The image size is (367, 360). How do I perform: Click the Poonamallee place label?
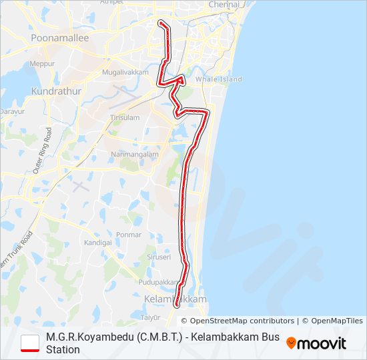tap(59, 39)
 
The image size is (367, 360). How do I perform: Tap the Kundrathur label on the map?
tap(56, 90)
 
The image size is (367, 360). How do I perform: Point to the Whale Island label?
tap(219, 79)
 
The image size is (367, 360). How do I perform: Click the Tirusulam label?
tap(125, 117)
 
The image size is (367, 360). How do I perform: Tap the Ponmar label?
tap(128, 235)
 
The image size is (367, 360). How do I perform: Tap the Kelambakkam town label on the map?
tap(175, 299)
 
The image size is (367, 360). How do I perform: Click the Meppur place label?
tap(42, 63)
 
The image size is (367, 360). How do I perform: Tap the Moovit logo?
tap(316, 343)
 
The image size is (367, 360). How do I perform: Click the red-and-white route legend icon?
tap(31, 343)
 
